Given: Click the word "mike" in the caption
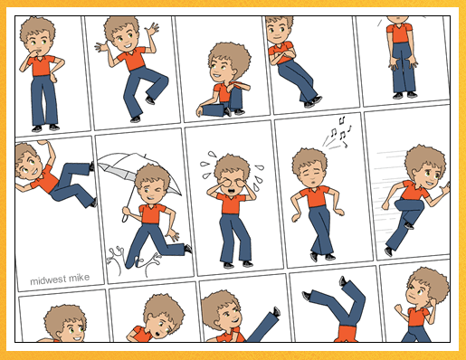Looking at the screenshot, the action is pos(80,278).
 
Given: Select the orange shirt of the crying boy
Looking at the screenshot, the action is pos(231,204).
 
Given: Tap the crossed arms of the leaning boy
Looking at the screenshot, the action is pos(282,56).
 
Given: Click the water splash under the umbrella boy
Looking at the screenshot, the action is pos(133,261).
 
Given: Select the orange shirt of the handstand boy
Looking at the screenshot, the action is pos(347,334).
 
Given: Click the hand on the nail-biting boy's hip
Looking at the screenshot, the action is pos(54,78).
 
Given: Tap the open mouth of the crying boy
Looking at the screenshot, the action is pos(231,191).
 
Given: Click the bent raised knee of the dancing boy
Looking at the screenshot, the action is pos(162,81).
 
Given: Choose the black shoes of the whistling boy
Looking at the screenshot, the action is pos(322,257).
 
